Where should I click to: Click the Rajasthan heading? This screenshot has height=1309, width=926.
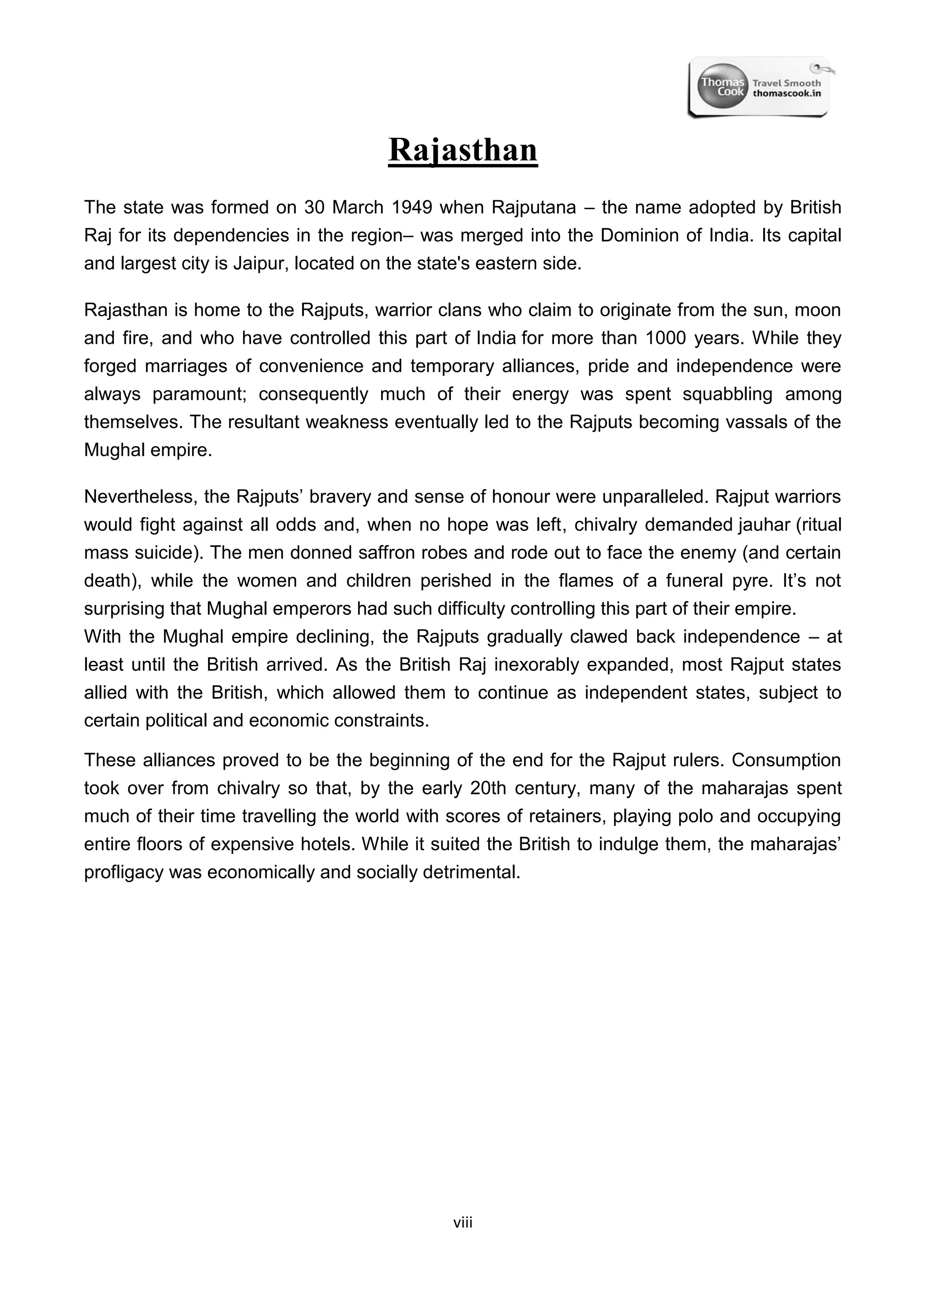coord(463,151)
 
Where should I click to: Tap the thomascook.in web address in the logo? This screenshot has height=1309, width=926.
coord(786,94)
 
